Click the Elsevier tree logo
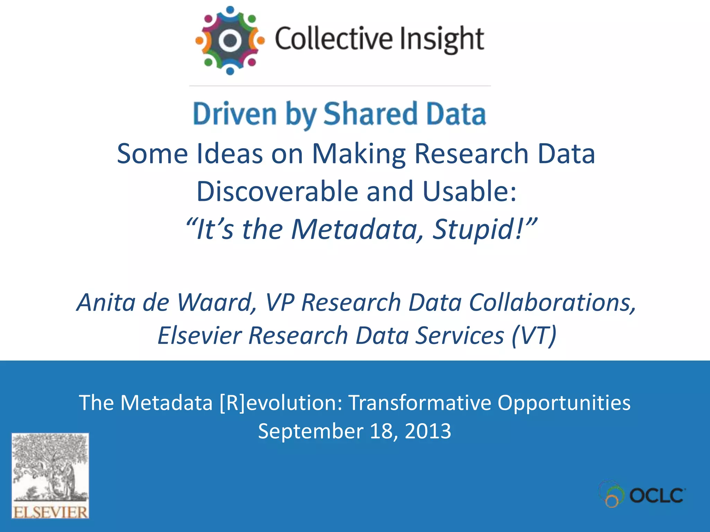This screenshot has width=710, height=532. [50, 475]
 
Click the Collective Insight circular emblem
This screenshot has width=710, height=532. [230, 41]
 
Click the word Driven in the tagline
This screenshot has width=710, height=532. [235, 114]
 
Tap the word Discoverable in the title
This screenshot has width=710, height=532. [277, 191]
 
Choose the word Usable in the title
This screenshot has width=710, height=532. [469, 191]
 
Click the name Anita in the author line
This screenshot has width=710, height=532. [106, 302]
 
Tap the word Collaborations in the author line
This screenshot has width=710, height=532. [553, 302]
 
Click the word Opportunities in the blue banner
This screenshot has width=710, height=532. [564, 403]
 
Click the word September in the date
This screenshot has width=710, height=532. [310, 431]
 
